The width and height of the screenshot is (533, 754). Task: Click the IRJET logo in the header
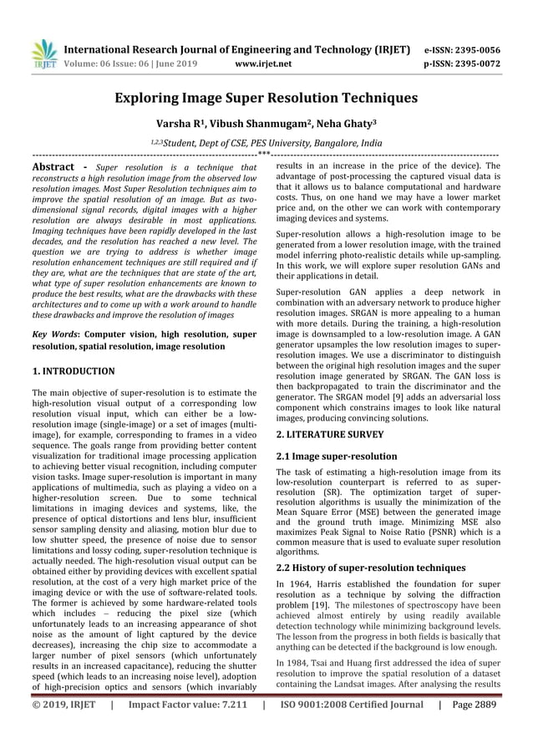(x=43, y=53)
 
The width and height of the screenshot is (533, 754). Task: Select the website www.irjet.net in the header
(x=265, y=62)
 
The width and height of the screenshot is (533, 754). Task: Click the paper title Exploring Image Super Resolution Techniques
(x=266, y=98)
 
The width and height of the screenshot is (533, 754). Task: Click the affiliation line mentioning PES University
(x=266, y=144)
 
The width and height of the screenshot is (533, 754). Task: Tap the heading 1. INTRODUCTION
(x=74, y=369)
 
